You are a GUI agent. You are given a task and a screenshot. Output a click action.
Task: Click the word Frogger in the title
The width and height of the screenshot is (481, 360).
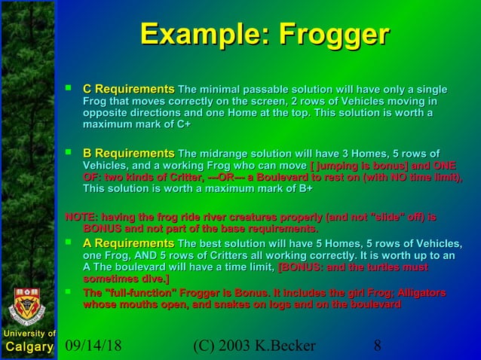pos(333,35)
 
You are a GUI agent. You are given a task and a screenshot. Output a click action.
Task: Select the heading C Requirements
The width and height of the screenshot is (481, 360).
pos(128,90)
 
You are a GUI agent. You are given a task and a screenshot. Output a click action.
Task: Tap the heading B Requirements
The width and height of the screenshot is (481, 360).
pos(128,154)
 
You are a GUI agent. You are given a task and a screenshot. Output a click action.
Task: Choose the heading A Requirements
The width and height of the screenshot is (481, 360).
pos(128,243)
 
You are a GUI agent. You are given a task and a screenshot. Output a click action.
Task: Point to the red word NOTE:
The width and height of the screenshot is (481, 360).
pos(82,217)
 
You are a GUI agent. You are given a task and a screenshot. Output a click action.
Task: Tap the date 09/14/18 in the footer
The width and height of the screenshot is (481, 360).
pos(93,346)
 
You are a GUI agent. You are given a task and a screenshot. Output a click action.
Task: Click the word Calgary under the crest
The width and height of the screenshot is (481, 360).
pos(29,346)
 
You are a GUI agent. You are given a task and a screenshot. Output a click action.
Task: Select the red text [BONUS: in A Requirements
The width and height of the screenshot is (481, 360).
pos(302,267)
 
